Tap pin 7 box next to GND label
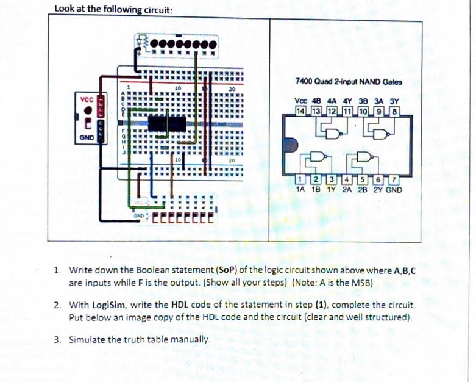pyautogui.click(x=394, y=179)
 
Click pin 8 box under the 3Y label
pyautogui.click(x=394, y=110)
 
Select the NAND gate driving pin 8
pyautogui.click(x=380, y=132)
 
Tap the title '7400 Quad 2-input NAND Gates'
pyautogui.click(x=348, y=81)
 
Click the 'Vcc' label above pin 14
pyautogui.click(x=300, y=101)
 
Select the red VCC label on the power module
pyautogui.click(x=84, y=99)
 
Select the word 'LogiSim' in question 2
pyautogui.click(x=108, y=304)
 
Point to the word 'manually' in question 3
pyautogui.click(x=189, y=339)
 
